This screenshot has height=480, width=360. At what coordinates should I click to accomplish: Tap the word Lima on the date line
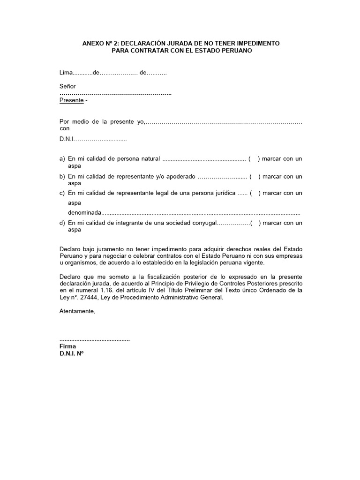(x=67, y=73)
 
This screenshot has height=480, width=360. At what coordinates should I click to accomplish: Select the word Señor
(x=67, y=87)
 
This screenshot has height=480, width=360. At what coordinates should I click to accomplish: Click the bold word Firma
(x=67, y=346)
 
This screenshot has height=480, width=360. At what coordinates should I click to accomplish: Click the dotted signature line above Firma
(x=95, y=339)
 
